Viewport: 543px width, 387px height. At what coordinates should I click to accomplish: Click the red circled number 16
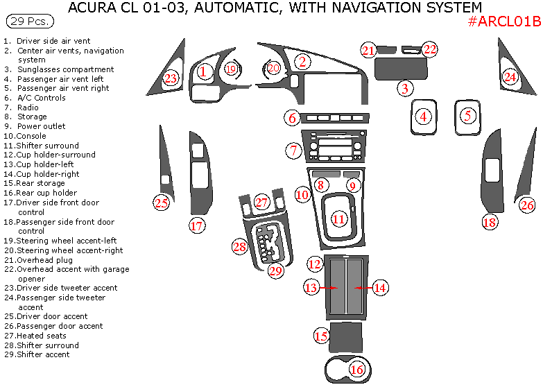coord(357,370)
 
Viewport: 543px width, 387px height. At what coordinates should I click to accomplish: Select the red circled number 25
coord(162,203)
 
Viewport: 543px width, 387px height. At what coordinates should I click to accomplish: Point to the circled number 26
coord(528,205)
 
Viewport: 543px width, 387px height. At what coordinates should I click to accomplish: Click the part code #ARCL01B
coord(504,21)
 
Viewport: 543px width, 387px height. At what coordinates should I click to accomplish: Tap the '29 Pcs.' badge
coord(28,21)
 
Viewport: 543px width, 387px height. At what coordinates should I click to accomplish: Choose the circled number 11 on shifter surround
coord(338,219)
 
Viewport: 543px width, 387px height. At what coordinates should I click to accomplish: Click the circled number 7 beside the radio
coord(293,150)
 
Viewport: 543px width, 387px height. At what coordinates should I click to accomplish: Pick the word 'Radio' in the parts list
coord(28,108)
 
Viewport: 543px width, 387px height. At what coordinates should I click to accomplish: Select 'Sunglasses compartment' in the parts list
coord(65,69)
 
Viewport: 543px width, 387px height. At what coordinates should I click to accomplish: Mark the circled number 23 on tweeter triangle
coord(171,78)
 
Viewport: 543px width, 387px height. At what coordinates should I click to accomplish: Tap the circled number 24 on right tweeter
coord(510,77)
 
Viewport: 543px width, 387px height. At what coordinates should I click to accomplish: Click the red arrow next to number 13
coord(333,287)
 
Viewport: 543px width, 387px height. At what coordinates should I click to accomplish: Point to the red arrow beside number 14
coord(359,287)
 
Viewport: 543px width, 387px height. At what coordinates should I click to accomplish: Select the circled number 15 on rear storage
coord(321,336)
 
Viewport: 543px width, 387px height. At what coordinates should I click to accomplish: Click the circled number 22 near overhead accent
coord(431,49)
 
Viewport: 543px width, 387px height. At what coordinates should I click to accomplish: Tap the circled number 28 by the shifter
coord(240,246)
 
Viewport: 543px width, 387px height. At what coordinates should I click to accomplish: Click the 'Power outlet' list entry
coord(41,126)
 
